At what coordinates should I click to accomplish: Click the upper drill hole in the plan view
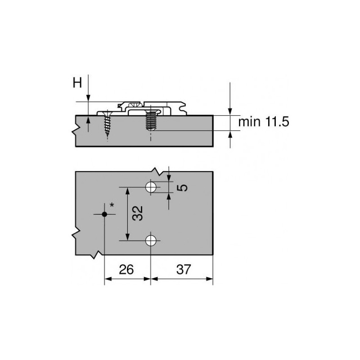click(x=151, y=187)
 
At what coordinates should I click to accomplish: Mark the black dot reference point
click(x=104, y=215)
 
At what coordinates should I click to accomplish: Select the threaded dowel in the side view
click(x=150, y=121)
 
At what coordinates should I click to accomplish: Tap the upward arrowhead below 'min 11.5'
click(x=230, y=134)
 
